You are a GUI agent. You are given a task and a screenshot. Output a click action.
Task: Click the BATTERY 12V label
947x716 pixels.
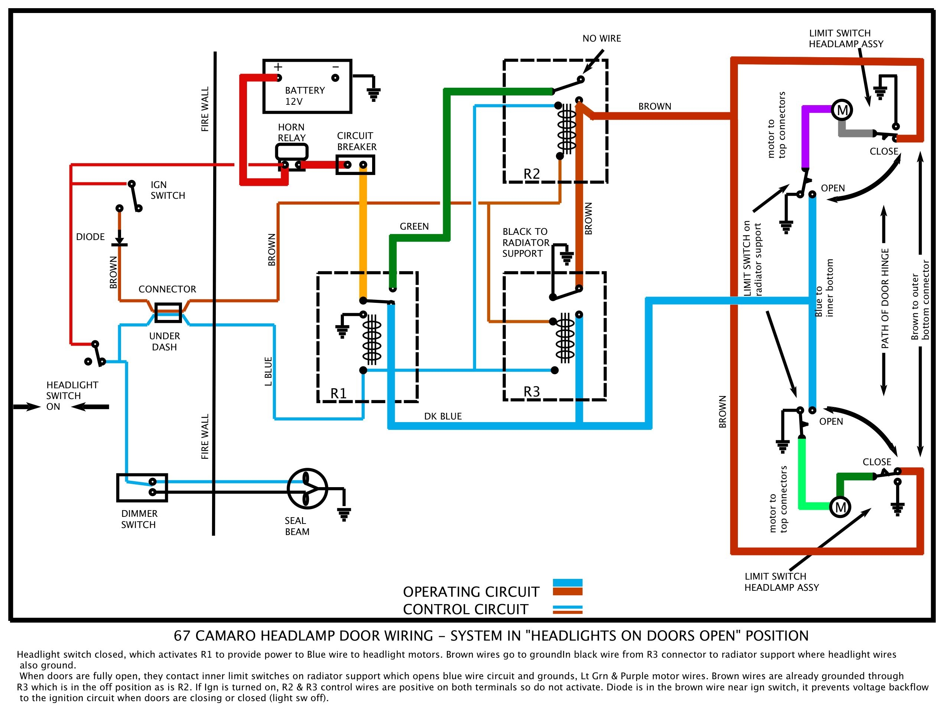point(305,96)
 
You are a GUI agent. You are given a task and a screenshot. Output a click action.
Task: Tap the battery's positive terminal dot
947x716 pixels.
point(279,78)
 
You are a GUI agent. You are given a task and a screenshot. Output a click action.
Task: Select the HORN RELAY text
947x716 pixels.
point(291,132)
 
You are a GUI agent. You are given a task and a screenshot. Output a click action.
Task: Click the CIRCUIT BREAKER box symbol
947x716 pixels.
point(355,165)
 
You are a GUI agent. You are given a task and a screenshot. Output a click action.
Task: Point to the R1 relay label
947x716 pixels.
point(338,393)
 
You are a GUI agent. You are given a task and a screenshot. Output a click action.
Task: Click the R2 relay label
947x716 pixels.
point(532,174)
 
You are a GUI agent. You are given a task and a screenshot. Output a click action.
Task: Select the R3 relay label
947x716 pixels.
point(532,391)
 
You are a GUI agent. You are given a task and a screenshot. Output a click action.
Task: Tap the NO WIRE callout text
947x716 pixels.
point(602,39)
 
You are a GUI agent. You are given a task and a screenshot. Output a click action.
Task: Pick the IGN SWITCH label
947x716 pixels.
point(167,190)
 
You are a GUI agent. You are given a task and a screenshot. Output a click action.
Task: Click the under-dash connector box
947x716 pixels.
point(168,312)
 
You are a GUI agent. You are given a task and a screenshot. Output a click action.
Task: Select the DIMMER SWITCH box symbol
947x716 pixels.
point(142,487)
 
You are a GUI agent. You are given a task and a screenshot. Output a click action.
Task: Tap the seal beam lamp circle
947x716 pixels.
point(307,489)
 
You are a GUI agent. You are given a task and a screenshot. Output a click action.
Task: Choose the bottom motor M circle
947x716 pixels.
point(840,508)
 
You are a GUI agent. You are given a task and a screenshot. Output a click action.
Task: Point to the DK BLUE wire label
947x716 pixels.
point(443,416)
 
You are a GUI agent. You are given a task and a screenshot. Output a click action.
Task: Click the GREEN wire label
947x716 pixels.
point(414,227)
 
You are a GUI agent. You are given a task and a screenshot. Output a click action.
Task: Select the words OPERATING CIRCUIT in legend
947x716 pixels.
point(471,592)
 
